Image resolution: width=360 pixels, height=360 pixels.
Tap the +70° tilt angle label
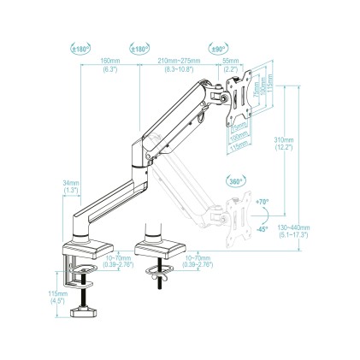tap(262, 203)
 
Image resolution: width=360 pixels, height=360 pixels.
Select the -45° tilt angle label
tap(262, 229)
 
